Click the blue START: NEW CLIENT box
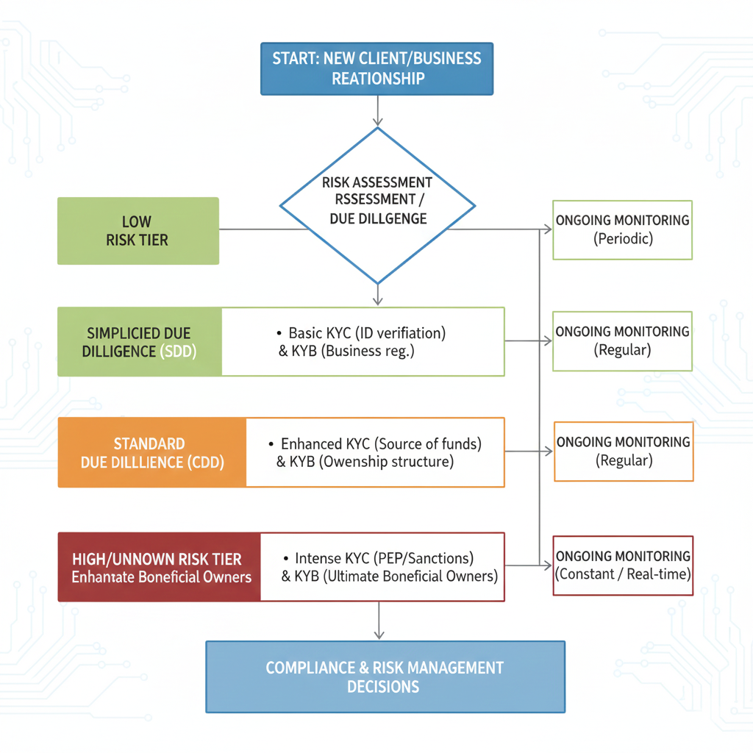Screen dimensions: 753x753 pos(376,68)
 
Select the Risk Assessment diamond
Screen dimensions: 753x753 pos(377,205)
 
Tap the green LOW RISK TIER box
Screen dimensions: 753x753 pos(138,231)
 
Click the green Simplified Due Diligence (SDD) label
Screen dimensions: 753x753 pos(140,343)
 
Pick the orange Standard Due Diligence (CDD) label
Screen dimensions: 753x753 pos(152,453)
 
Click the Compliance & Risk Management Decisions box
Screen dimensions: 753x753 pos(385,677)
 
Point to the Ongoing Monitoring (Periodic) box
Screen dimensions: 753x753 pos(622,229)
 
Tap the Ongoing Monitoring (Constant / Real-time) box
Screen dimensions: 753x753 pos(622,565)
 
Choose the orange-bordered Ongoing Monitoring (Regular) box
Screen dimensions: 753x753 pos(623,452)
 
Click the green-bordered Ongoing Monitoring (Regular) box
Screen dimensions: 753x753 pos(622,340)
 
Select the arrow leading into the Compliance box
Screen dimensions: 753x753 pos(378,621)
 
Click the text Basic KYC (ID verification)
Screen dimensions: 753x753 pos(366,333)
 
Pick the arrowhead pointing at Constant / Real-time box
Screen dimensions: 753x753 pos(547,565)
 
